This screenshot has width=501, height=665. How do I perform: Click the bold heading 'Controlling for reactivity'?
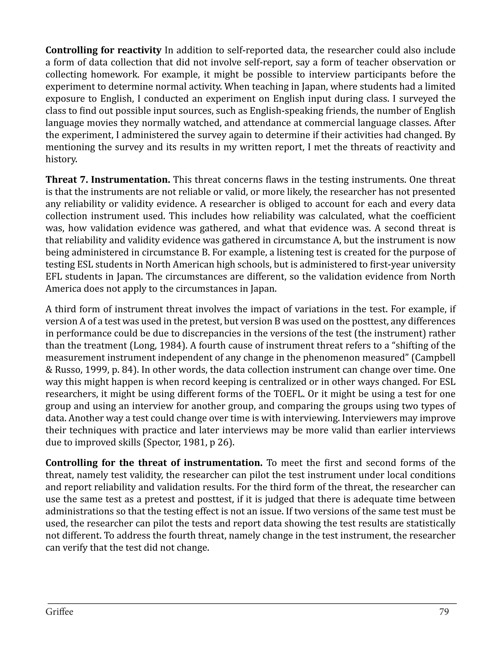(x=103, y=50)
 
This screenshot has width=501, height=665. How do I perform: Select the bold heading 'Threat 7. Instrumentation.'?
(x=108, y=180)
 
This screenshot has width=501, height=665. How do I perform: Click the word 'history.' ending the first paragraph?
(x=61, y=159)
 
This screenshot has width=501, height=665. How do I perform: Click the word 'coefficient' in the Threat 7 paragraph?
(x=433, y=216)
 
